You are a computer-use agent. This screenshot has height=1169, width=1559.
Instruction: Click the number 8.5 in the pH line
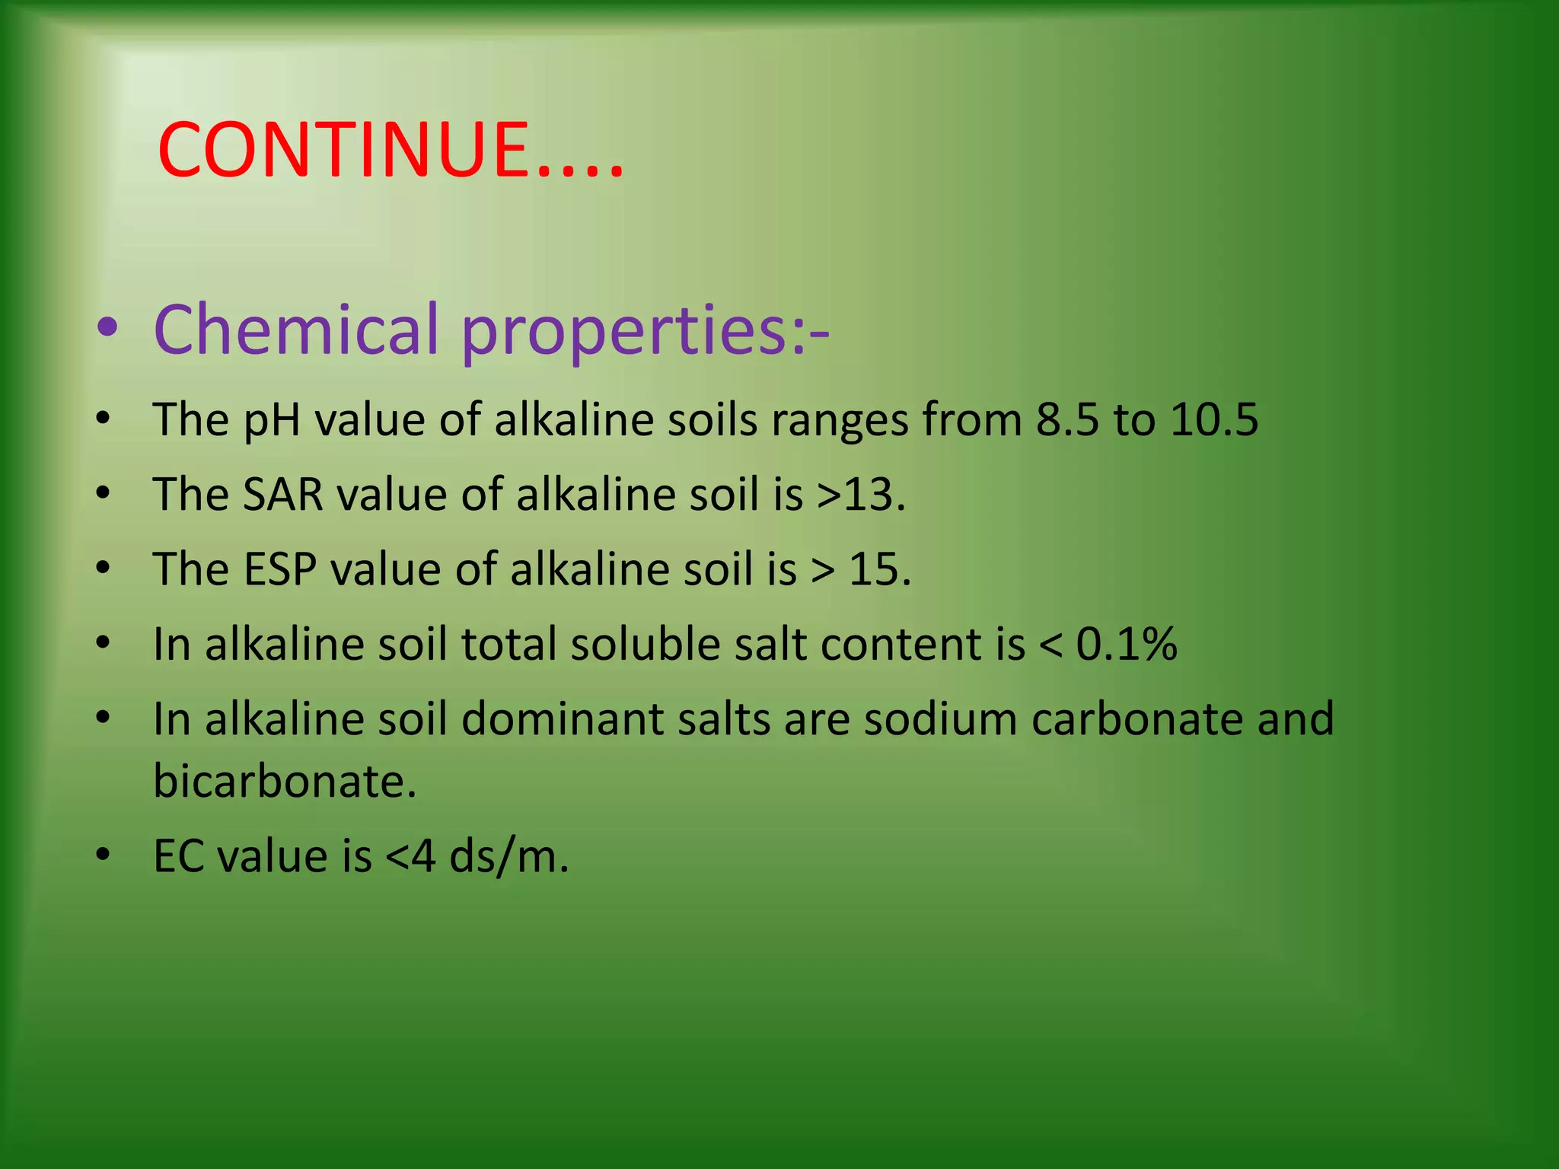click(1067, 419)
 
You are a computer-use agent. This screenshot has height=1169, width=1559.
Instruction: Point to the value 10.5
click(1214, 419)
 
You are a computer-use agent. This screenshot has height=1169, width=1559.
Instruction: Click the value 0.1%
click(1127, 644)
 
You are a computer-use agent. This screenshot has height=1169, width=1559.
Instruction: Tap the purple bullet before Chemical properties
click(107, 328)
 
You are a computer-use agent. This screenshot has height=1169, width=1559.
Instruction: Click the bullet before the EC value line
click(104, 855)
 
